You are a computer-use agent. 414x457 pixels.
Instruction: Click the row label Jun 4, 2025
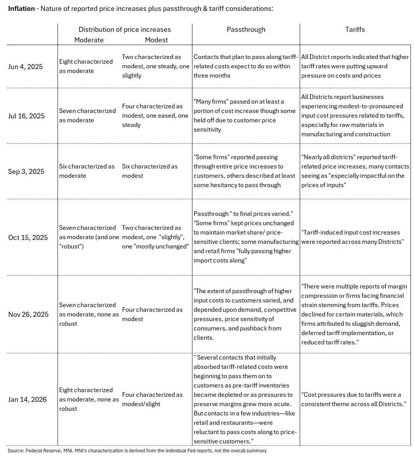tap(25, 66)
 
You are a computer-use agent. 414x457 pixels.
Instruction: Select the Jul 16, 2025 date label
tap(26, 116)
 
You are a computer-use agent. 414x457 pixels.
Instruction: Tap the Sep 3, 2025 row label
tap(26, 171)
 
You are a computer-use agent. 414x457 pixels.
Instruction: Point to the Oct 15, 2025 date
tap(28, 237)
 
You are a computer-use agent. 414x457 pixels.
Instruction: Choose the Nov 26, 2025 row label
tap(28, 314)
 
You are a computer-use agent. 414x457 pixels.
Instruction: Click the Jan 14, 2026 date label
tap(27, 399)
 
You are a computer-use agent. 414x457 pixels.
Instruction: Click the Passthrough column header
tap(246, 30)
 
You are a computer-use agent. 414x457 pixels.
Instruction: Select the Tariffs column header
tap(355, 30)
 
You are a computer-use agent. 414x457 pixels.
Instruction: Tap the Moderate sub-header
tap(89, 40)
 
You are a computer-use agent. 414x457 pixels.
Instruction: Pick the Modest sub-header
tap(156, 40)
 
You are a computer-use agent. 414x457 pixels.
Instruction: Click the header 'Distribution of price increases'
tap(124, 30)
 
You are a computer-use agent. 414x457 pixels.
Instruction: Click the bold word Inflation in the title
tap(21, 9)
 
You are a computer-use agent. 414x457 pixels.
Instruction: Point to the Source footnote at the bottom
tap(137, 451)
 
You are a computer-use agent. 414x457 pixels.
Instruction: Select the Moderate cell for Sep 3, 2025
tap(87, 171)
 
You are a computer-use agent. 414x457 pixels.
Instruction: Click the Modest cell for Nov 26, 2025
tap(152, 314)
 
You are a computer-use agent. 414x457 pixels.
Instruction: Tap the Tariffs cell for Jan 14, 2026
tap(353, 399)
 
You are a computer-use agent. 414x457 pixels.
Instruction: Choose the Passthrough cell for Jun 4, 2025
tap(246, 66)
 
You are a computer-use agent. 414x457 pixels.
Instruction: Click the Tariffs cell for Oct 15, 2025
tap(352, 237)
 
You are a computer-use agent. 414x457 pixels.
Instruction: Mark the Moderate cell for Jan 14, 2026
tap(89, 399)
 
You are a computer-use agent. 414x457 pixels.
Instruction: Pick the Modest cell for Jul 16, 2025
tap(155, 115)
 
